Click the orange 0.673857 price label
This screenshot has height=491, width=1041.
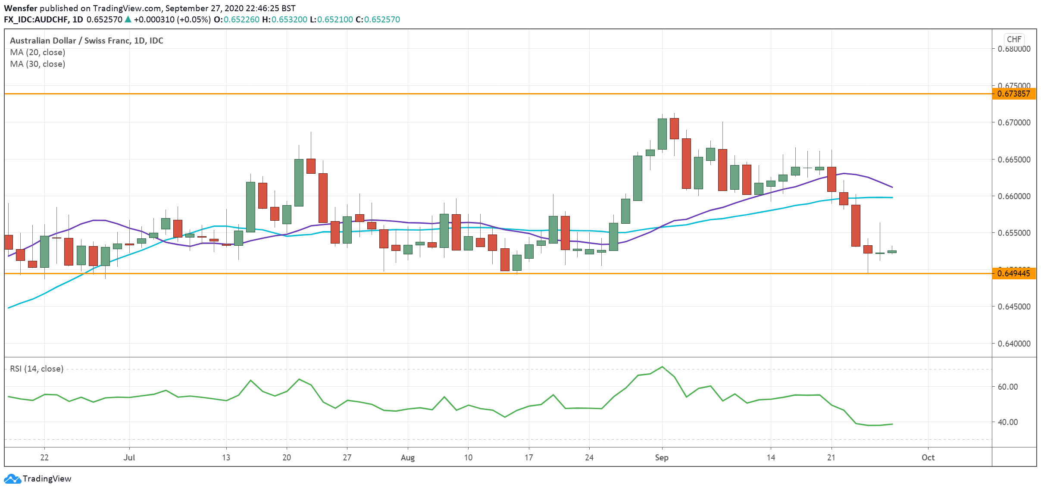1013,94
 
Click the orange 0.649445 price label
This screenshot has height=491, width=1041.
1013,273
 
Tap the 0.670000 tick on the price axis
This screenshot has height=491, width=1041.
1014,122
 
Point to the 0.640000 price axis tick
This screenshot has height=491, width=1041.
1014,344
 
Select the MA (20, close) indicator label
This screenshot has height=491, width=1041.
38,52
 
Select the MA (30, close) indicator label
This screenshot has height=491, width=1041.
38,64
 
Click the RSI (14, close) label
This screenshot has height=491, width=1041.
37,369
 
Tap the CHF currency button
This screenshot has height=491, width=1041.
1014,39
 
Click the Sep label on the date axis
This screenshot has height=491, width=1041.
661,457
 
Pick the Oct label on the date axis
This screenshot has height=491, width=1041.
928,457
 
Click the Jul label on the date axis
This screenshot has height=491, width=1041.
129,457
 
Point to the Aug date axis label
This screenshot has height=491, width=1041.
407,457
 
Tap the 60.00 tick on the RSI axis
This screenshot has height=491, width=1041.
1007,387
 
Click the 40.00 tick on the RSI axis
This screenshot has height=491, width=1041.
1007,422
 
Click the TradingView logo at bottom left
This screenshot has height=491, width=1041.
38,478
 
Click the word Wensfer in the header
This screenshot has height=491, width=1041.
20,8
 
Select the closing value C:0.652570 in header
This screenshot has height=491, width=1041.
378,19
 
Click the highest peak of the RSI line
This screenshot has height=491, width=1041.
662,367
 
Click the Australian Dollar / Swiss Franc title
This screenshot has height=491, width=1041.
86,41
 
